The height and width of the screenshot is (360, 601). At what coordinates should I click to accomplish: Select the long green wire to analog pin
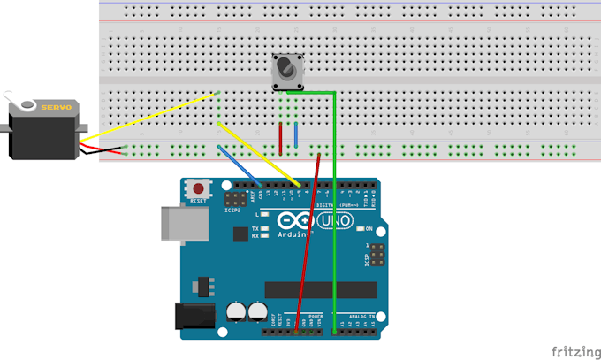pyautogui.click(x=334, y=221)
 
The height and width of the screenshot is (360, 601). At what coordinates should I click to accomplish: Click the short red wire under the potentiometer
pyautogui.click(x=281, y=138)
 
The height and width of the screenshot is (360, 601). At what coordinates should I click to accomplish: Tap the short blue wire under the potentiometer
pyautogui.click(x=295, y=135)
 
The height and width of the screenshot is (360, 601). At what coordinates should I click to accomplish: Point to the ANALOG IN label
pyautogui.click(x=360, y=315)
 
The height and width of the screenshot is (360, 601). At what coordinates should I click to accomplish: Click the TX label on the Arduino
pyautogui.click(x=255, y=227)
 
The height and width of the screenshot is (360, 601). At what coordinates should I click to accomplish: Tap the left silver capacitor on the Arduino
pyautogui.click(x=236, y=310)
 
